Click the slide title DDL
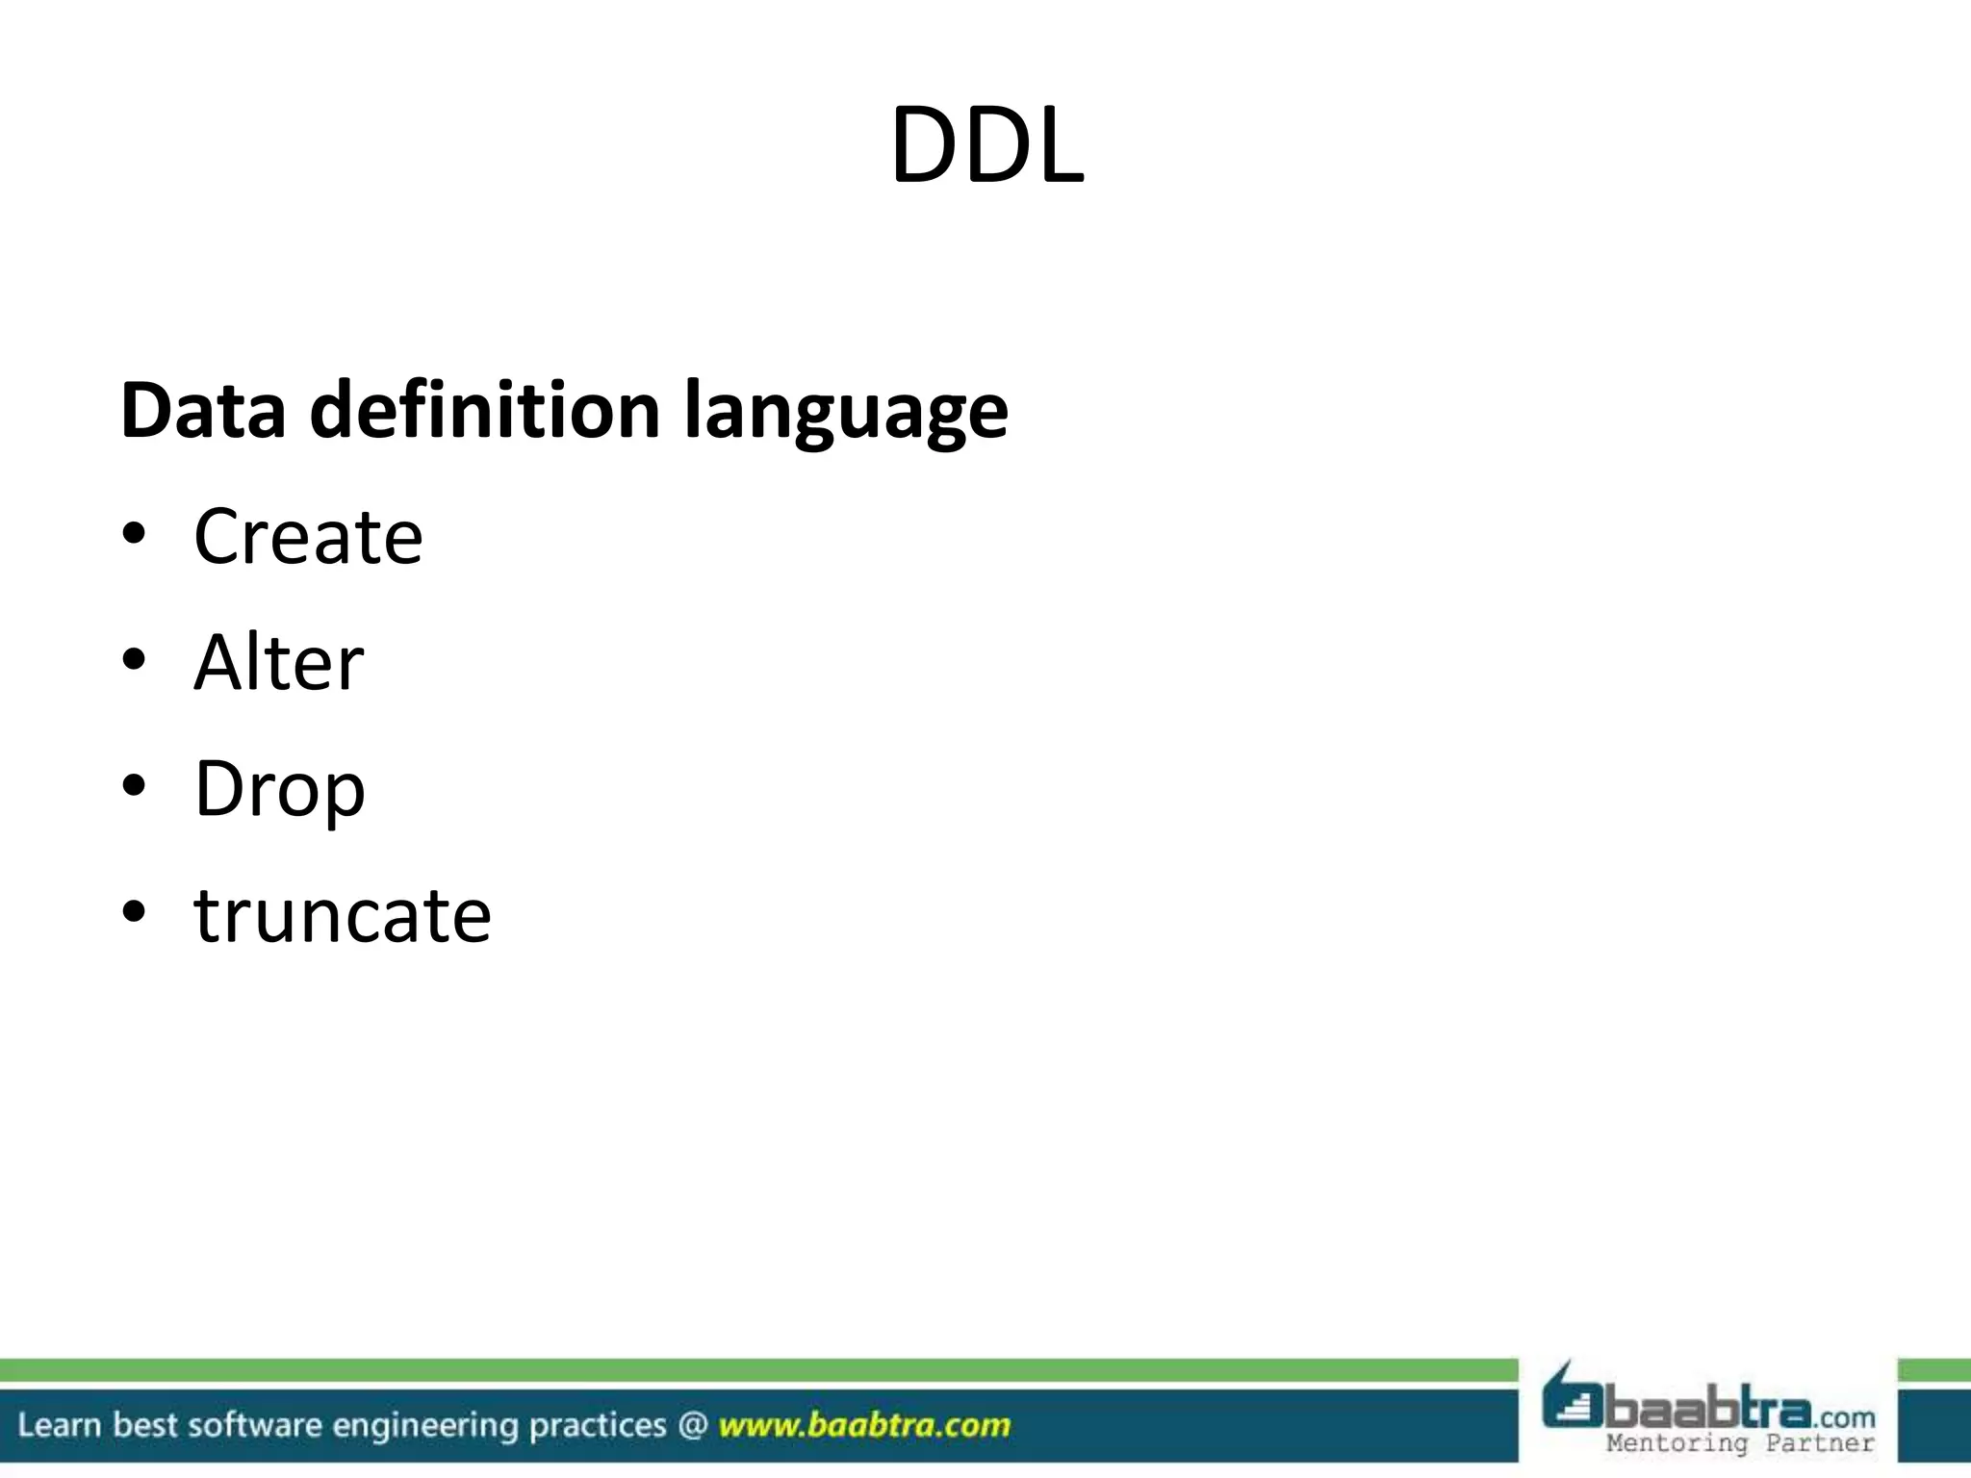click(986, 146)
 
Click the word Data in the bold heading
click(203, 411)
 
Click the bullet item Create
click(308, 536)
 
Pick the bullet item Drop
click(280, 789)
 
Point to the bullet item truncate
click(343, 915)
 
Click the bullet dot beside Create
click(134, 533)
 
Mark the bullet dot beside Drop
click(134, 785)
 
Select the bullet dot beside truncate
click(134, 911)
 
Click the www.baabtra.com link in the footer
click(864, 1425)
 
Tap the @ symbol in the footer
click(692, 1425)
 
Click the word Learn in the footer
click(59, 1425)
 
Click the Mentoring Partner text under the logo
click(1740, 1443)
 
